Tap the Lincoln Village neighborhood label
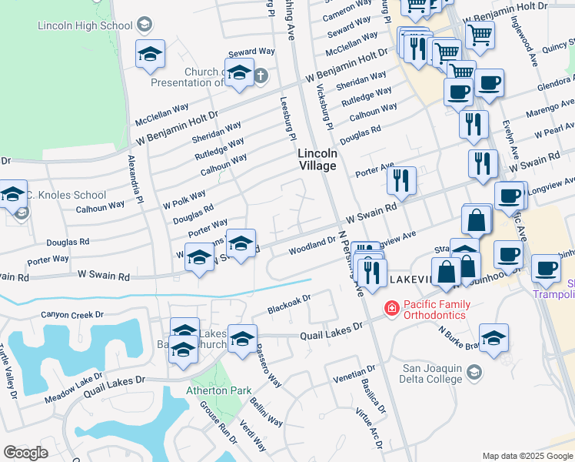point(317,159)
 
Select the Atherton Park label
point(218,390)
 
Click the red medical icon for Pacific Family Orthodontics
point(391,309)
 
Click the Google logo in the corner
point(25,452)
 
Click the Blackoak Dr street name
point(288,304)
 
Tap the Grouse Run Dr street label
point(218,422)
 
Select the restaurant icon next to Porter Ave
point(401,180)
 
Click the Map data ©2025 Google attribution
point(527,456)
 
